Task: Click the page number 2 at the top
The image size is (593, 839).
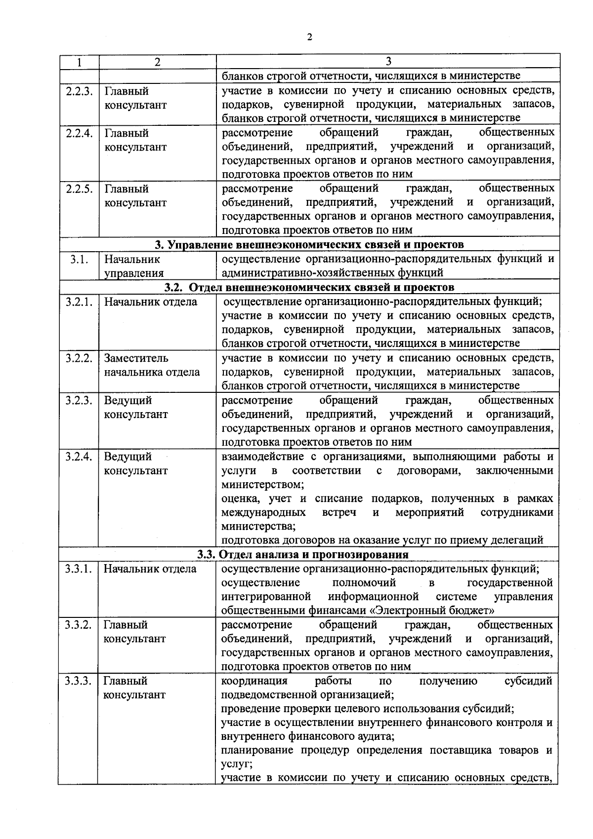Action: coord(309,38)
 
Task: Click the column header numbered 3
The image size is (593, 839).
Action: coord(388,62)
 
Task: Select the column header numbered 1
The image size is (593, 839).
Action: coord(79,62)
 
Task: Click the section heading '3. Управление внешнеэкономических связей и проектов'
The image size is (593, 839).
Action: coord(309,245)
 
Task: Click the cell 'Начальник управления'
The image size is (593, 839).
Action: coord(133,266)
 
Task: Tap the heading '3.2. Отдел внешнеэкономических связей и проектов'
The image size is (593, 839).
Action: coord(309,287)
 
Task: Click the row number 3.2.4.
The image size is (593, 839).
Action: coord(79,457)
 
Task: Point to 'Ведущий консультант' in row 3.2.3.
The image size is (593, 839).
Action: coord(135,407)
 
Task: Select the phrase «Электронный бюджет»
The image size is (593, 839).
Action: coord(432,610)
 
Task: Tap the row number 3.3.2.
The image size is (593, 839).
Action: coord(78,625)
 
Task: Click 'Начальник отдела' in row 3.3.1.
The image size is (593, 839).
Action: coord(150,569)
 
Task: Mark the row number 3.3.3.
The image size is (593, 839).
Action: coord(78,681)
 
